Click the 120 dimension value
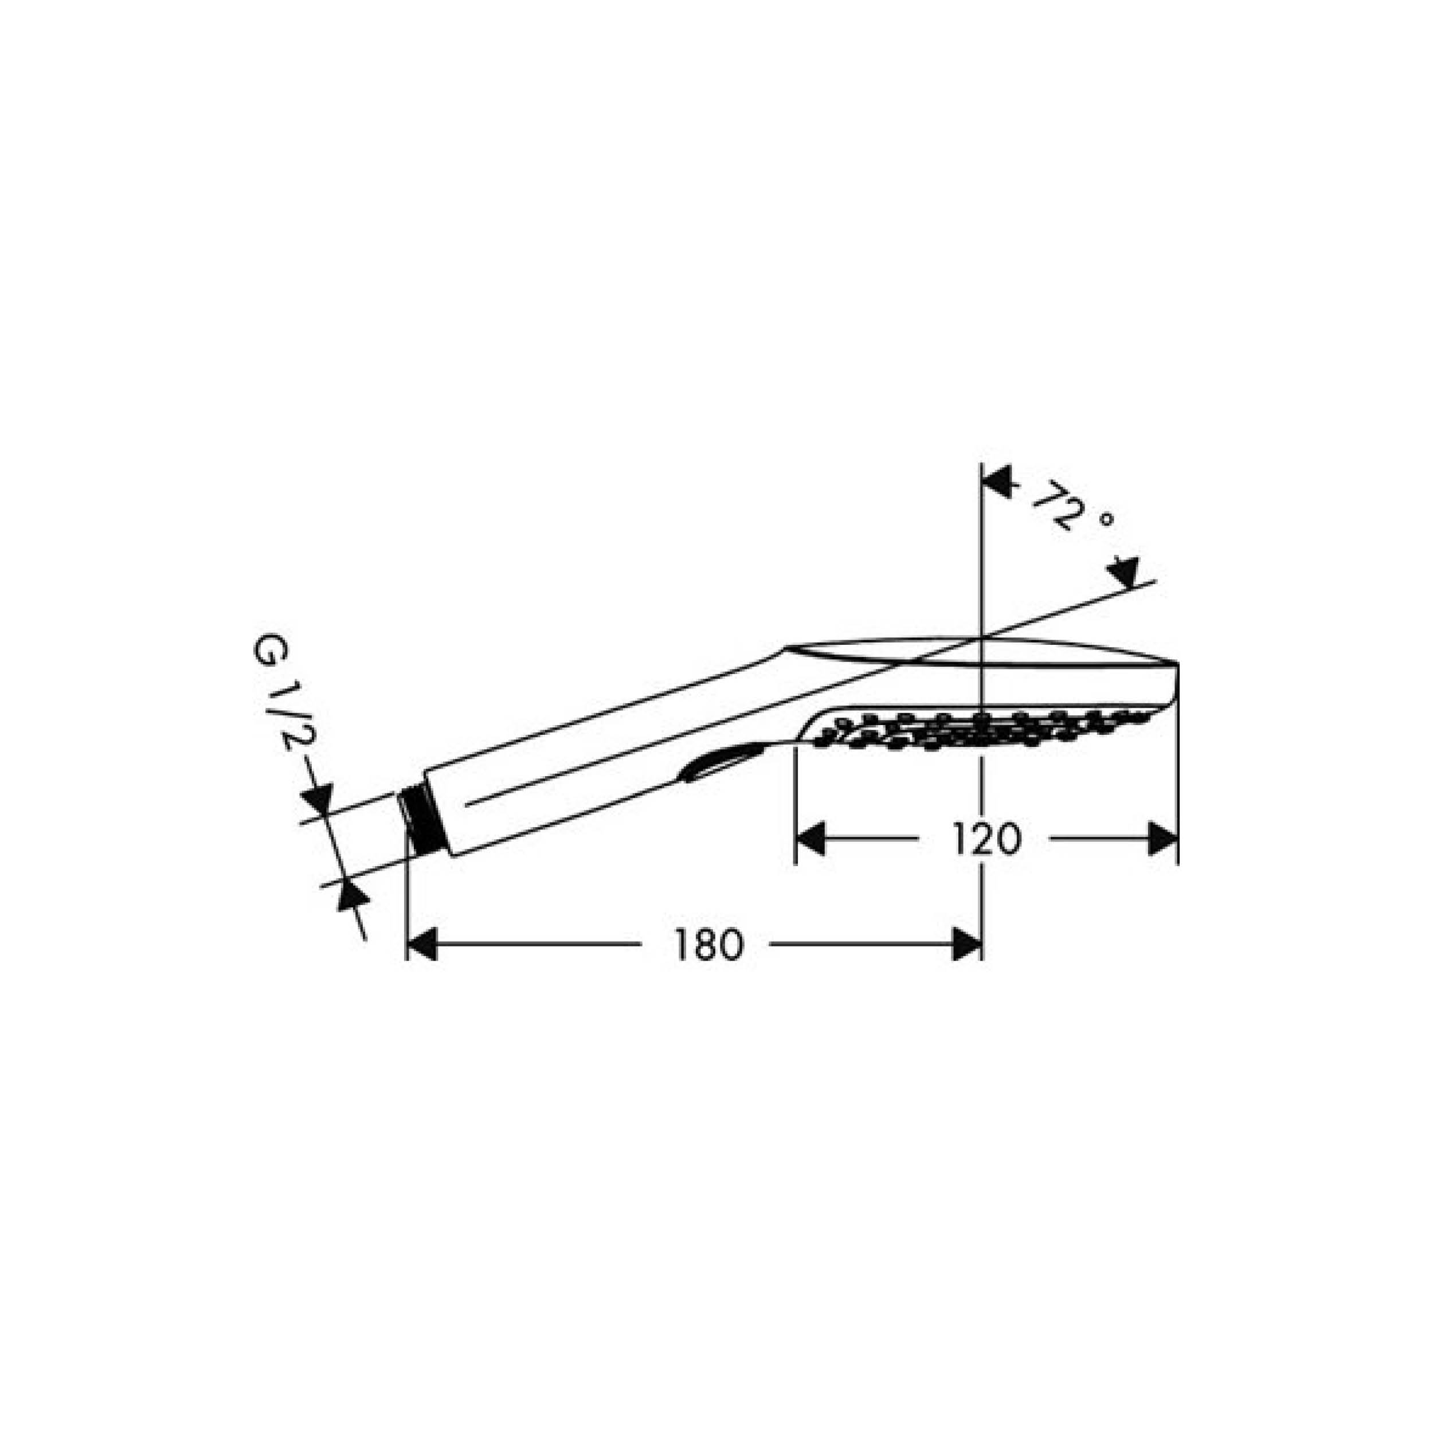[x=986, y=840]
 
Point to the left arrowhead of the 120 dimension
[x=810, y=839]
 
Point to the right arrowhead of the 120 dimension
[x=1163, y=839]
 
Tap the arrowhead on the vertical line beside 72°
[x=997, y=482]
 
